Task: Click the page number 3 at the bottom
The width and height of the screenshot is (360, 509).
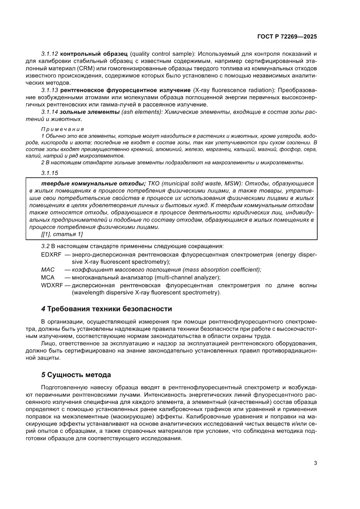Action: click(315, 463)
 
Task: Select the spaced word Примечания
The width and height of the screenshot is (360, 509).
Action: click(62, 129)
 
